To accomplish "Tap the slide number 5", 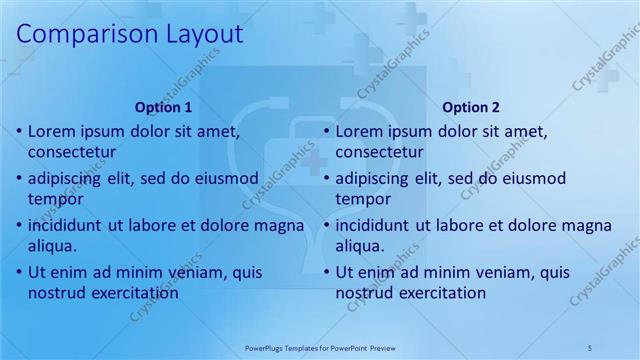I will point(591,347).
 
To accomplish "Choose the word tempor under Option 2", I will point(363,200).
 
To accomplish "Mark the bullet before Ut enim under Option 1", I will point(19,272).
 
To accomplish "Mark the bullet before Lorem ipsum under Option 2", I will point(326,132).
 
